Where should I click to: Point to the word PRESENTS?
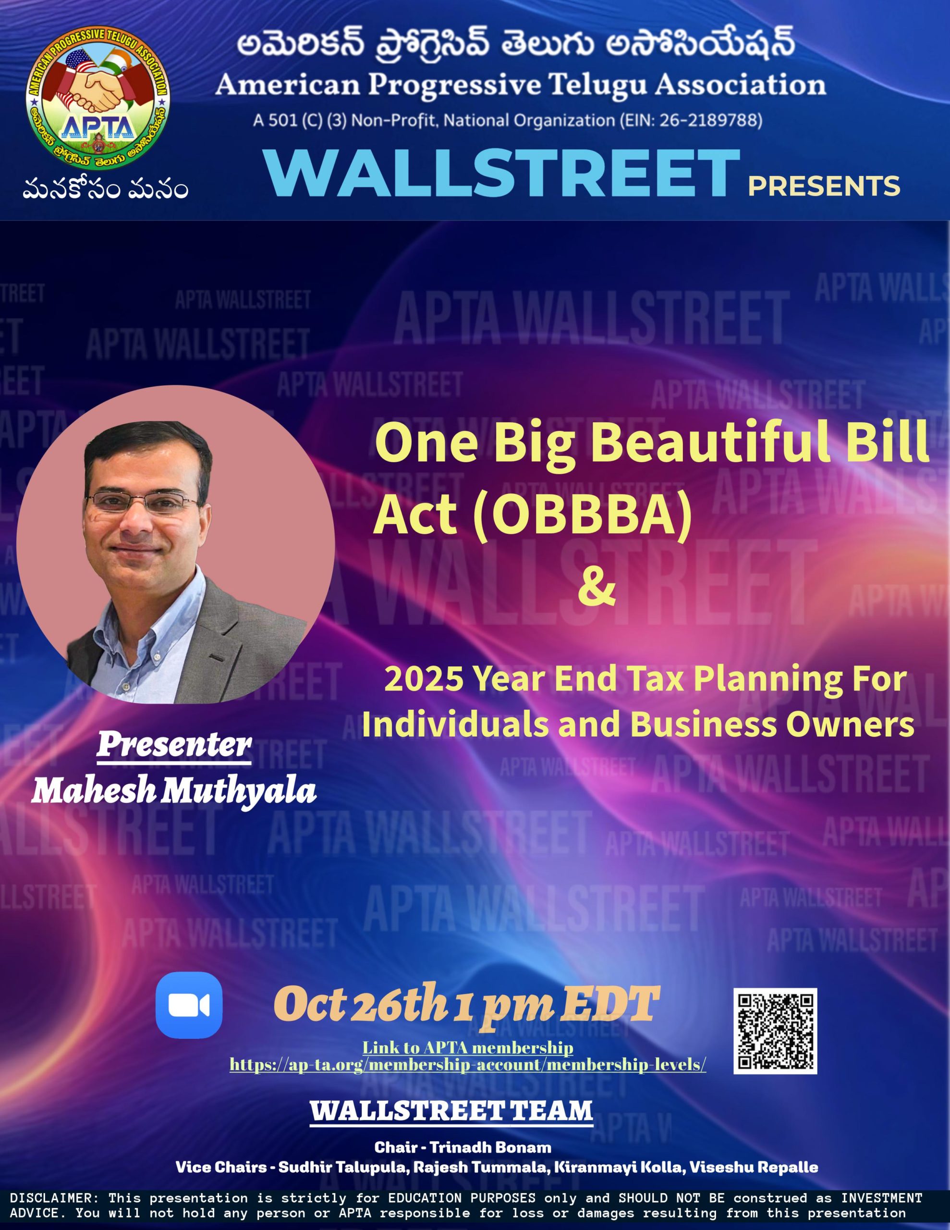point(824,186)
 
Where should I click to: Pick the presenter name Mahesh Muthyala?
point(174,791)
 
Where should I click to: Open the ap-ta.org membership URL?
point(467,1065)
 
